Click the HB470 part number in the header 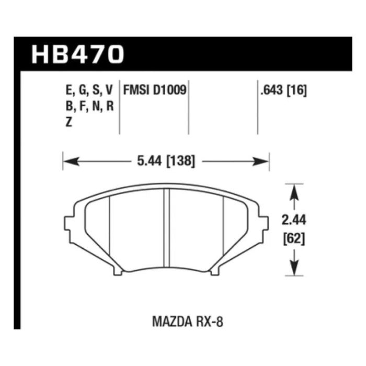coord(77,54)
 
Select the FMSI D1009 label coord(155,90)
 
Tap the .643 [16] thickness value coord(283,90)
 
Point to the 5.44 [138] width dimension coord(166,161)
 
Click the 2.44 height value coord(294,220)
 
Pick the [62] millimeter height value coord(294,239)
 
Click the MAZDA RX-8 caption coord(188,322)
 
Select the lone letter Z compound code coord(69,122)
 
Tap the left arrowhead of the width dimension coord(71,161)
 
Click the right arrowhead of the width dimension coord(261,161)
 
